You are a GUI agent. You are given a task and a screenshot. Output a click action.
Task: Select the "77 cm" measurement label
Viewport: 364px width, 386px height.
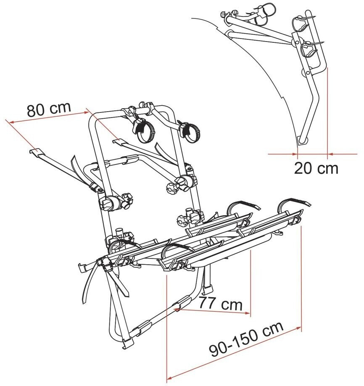pos(221,303)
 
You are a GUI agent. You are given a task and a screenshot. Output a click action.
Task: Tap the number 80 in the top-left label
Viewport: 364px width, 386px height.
pos(36,110)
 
